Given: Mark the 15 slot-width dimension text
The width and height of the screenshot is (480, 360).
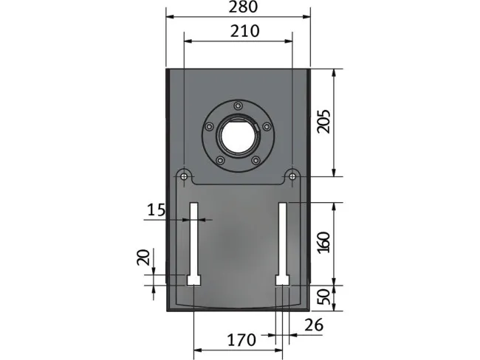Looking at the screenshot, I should [x=156, y=210].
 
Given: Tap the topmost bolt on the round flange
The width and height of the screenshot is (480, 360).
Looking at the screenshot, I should [x=238, y=105].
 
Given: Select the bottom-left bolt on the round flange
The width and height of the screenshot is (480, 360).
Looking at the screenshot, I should [x=219, y=160].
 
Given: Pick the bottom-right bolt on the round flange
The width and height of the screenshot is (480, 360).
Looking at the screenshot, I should [x=256, y=160].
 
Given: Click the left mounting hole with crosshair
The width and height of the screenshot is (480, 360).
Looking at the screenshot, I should [x=182, y=176].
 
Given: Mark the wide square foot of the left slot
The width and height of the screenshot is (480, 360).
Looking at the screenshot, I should [x=193, y=280].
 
